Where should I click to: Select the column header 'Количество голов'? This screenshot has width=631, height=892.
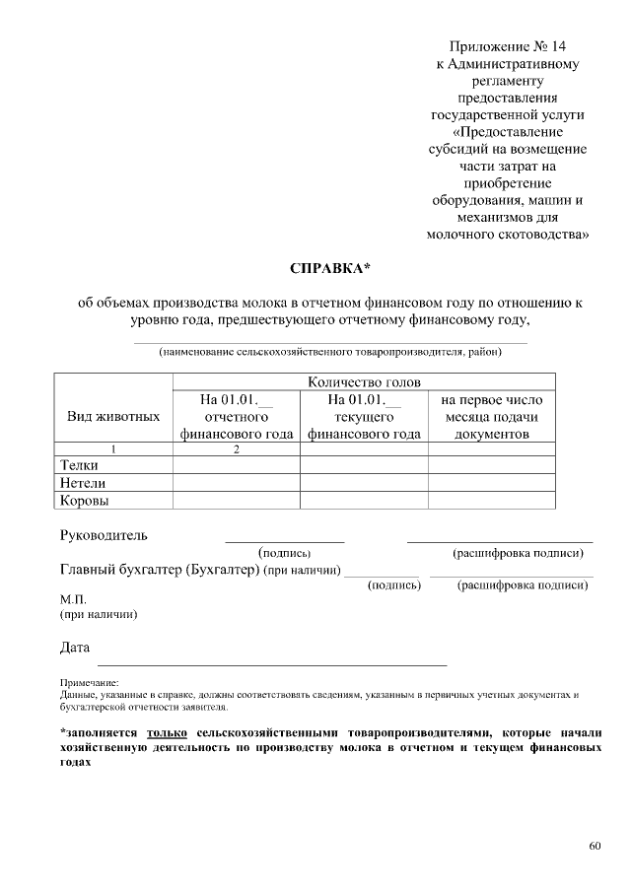click(x=364, y=382)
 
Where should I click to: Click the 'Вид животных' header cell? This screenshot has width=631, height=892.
click(x=112, y=416)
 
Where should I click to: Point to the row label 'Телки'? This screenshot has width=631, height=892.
click(x=79, y=465)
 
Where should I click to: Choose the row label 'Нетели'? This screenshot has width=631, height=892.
click(x=83, y=483)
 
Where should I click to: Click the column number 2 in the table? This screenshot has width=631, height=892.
click(x=237, y=449)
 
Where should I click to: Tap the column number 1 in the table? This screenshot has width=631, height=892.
click(x=112, y=449)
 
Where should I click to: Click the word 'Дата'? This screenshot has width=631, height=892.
click(x=75, y=648)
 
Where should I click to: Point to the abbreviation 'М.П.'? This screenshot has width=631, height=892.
click(x=74, y=599)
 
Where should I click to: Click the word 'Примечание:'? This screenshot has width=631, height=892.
click(x=89, y=682)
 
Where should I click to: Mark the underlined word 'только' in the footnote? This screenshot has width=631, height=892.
click(x=167, y=733)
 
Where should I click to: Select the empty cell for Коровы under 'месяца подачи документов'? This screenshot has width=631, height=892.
click(x=491, y=501)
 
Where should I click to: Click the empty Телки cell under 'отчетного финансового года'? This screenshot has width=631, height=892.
click(x=237, y=465)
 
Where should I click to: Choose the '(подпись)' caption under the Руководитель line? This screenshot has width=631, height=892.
click(x=284, y=555)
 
